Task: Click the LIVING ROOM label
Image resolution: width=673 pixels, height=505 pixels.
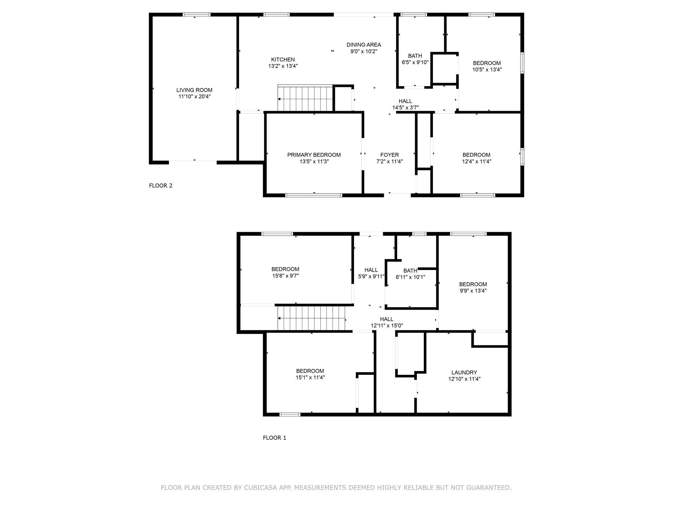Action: pyautogui.click(x=194, y=90)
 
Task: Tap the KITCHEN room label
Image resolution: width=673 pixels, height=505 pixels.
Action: pyautogui.click(x=283, y=60)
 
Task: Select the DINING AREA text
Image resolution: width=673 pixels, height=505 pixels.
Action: pyautogui.click(x=364, y=45)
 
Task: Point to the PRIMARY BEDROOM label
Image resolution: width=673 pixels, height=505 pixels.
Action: pyautogui.click(x=314, y=155)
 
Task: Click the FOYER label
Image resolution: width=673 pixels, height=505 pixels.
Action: pyautogui.click(x=390, y=155)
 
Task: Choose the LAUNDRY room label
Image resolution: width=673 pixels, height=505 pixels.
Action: pyautogui.click(x=464, y=372)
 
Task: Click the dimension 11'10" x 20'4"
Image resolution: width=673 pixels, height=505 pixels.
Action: pyautogui.click(x=194, y=96)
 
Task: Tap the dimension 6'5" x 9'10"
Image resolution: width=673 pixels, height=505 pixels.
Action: pyautogui.click(x=415, y=62)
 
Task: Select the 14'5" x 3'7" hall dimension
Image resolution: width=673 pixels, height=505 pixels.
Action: pyautogui.click(x=405, y=107)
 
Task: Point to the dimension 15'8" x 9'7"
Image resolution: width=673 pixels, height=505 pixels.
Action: pyautogui.click(x=285, y=276)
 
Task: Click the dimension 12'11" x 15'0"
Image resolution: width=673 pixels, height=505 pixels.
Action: pyautogui.click(x=387, y=326)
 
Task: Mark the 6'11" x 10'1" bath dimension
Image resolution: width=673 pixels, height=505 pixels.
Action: pyautogui.click(x=410, y=277)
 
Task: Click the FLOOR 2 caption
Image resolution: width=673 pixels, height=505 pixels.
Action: pyautogui.click(x=161, y=185)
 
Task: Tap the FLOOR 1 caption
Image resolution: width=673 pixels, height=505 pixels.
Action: pyautogui.click(x=274, y=438)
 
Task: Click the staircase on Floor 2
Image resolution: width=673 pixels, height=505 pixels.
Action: pyautogui.click(x=305, y=98)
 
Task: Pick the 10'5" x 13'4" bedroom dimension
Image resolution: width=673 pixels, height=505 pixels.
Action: pyautogui.click(x=487, y=70)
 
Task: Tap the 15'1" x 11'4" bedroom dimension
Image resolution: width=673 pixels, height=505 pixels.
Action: pyautogui.click(x=310, y=377)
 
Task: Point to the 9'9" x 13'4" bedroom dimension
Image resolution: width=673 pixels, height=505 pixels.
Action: pyautogui.click(x=473, y=291)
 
